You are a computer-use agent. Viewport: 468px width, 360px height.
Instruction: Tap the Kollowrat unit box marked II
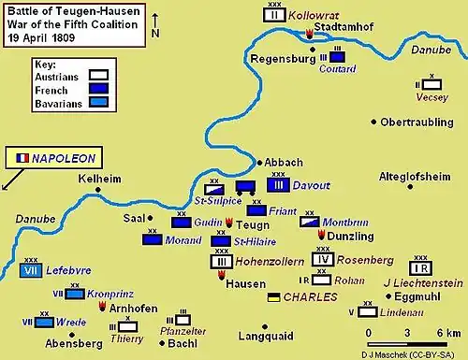pos(274,15)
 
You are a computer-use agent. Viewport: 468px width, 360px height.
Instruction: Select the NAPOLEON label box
pos(55,158)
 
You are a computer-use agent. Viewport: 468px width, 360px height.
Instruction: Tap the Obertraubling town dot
pos(374,122)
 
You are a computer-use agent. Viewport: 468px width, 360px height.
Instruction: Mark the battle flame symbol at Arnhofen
pos(103,306)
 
